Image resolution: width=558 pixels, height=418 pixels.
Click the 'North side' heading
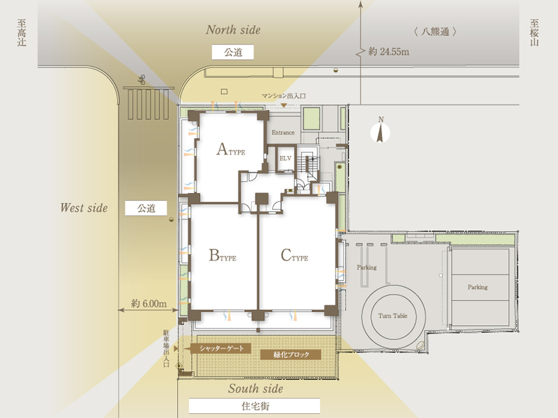click(x=233, y=30)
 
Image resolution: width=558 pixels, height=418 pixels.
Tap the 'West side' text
click(x=84, y=208)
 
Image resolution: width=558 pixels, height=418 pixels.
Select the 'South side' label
click(x=255, y=389)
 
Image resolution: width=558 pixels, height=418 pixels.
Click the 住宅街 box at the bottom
click(x=255, y=406)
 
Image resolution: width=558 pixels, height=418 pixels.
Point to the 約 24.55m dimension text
click(x=389, y=52)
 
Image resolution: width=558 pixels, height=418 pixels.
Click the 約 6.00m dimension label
click(x=149, y=304)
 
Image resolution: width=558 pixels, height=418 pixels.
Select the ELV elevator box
click(x=285, y=159)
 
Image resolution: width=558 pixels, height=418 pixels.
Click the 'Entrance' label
click(x=283, y=132)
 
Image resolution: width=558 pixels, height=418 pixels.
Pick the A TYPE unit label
click(x=231, y=149)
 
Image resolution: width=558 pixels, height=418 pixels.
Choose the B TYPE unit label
click(x=223, y=255)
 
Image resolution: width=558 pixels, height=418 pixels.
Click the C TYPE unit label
click(x=294, y=255)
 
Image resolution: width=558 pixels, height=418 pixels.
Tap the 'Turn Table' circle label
click(x=393, y=316)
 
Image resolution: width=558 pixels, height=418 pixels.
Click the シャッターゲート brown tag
click(x=220, y=348)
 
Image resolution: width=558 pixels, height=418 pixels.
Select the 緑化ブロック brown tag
click(x=291, y=355)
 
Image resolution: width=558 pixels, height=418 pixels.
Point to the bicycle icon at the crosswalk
click(x=142, y=80)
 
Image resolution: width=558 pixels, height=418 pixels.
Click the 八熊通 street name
click(x=435, y=32)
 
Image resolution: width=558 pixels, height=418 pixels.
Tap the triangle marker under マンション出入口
click(x=284, y=105)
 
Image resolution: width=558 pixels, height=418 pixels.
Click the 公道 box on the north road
click(x=233, y=52)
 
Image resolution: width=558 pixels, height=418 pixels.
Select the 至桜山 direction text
click(x=534, y=33)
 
